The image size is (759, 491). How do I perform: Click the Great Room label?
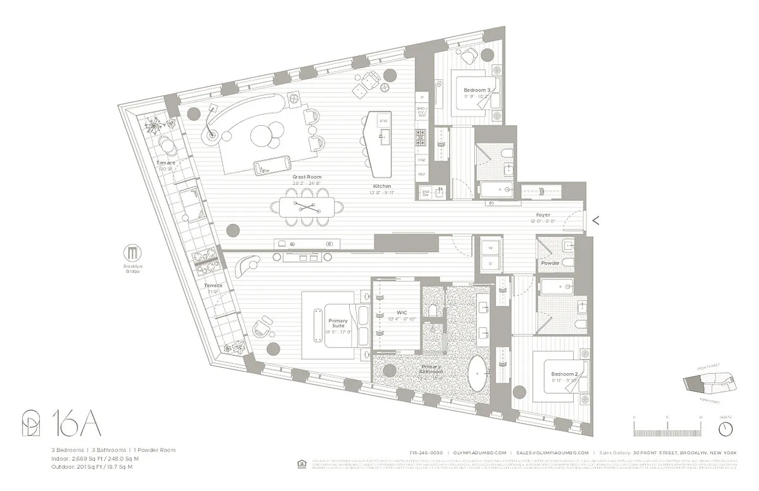click(307, 177)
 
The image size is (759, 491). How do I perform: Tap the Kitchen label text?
click(382, 186)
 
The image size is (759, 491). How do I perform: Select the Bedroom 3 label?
click(476, 90)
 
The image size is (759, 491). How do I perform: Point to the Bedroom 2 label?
click(564, 374)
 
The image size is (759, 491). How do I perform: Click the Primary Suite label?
click(338, 323)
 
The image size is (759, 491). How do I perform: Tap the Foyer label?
click(542, 215)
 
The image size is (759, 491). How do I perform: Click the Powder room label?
click(550, 263)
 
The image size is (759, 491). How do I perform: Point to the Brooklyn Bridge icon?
click(132, 253)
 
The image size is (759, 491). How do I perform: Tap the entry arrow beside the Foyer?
click(595, 220)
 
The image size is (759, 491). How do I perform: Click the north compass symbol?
click(726, 427)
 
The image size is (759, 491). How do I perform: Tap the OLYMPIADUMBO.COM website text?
click(477, 452)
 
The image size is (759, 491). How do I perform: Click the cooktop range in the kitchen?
click(422, 137)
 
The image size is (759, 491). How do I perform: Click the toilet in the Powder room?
click(567, 264)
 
